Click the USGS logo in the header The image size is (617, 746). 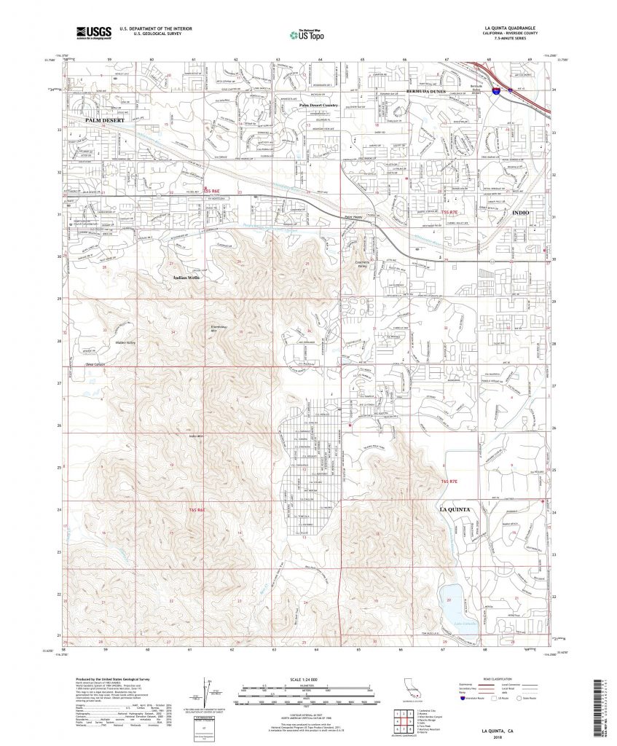coord(93,32)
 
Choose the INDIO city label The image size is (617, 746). coord(523,212)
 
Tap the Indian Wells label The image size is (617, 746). coord(186,278)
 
